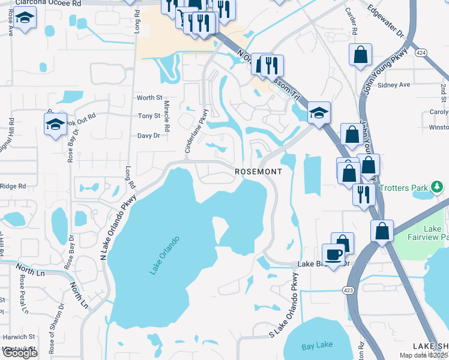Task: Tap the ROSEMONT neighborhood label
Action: [258, 172]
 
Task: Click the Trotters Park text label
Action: [402, 188]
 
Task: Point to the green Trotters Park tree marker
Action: [439, 187]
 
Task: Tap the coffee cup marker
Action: [333, 254]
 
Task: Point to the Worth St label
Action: [149, 97]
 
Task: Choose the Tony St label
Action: [149, 116]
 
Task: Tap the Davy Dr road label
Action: [148, 136]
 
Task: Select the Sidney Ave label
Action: [394, 85]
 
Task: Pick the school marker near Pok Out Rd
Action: [55, 124]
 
